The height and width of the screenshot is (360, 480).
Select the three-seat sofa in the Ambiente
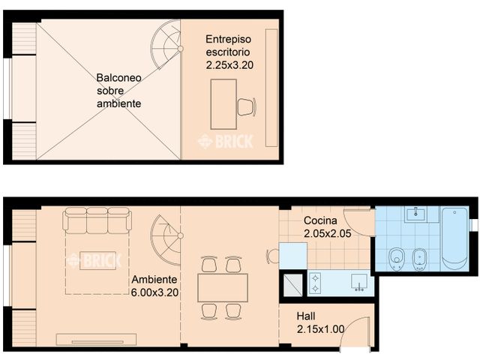pos(97,221)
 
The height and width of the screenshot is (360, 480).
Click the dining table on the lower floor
pos(222,287)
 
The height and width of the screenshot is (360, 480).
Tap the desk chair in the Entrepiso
pos(245,106)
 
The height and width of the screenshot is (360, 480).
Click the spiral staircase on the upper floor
pos(166,45)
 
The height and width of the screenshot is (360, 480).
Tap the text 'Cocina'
pos(320,221)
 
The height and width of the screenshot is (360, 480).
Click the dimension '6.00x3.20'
pos(154,293)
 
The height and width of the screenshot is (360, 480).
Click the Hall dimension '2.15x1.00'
pos(321,329)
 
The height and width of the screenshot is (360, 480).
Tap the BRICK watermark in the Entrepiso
pos(225,140)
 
